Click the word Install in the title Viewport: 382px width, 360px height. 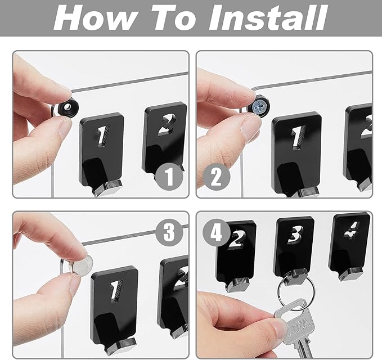pos(267,17)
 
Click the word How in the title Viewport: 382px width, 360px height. pos(95,17)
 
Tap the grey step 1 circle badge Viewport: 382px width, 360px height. pos(169,177)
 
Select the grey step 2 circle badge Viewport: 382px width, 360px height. pos(217,177)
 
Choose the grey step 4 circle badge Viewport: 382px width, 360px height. pos(216,233)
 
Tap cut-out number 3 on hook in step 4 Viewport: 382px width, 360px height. pos(295,235)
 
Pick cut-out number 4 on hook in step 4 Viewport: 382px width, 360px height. pos(351,229)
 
